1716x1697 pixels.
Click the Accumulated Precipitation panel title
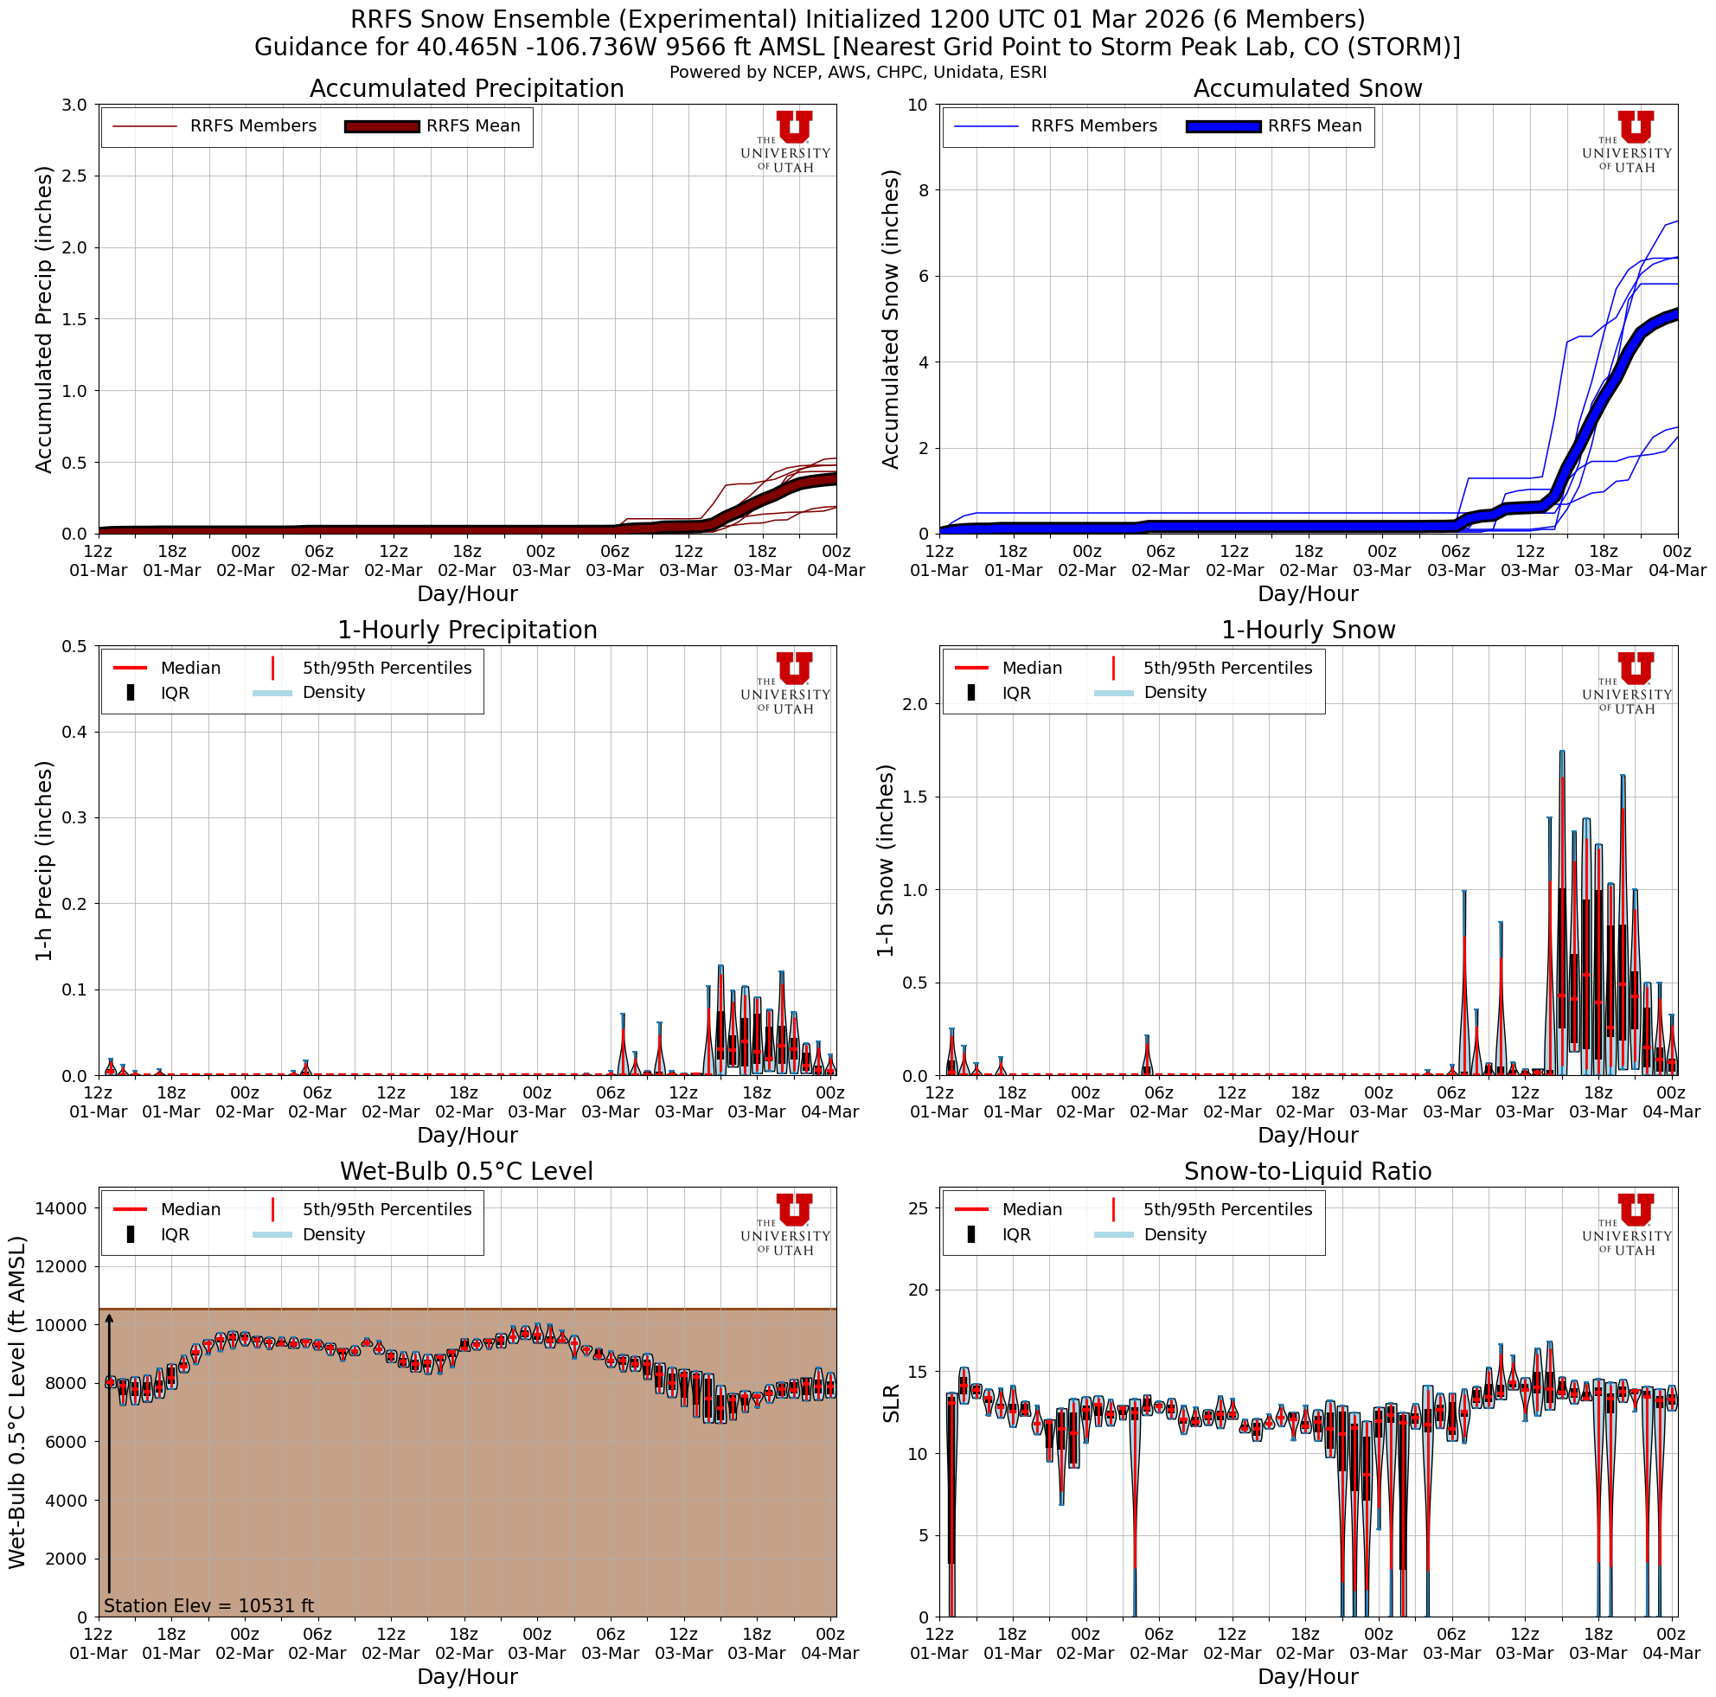pyautogui.click(x=466, y=89)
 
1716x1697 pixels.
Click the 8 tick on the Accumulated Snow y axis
pyautogui.click(x=922, y=190)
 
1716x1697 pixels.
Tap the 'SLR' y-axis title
pyautogui.click(x=891, y=1403)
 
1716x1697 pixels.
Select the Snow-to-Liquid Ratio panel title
pyautogui.click(x=1308, y=1171)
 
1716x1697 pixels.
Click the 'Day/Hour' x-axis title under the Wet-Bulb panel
pyautogui.click(x=466, y=1675)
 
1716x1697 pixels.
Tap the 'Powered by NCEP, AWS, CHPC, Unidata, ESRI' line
pyautogui.click(x=857, y=72)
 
